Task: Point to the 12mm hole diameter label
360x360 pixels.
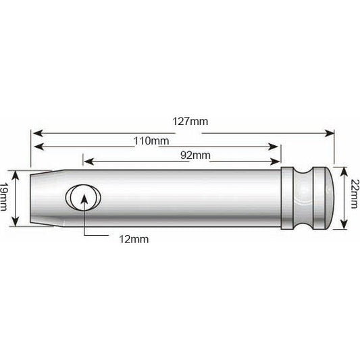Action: (x=133, y=238)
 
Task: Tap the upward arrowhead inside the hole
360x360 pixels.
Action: (x=84, y=196)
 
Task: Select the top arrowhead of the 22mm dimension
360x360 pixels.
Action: (x=344, y=169)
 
